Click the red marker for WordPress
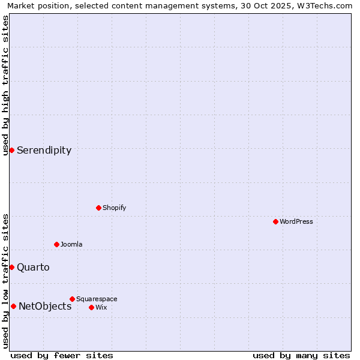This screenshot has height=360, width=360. click(x=275, y=221)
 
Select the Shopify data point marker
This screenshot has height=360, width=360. click(x=98, y=208)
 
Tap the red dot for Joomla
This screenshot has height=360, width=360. click(x=56, y=244)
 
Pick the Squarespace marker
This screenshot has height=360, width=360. click(x=72, y=299)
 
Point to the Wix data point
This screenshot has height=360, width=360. click(x=91, y=307)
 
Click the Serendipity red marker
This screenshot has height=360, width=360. click(x=11, y=150)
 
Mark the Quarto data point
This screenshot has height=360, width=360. click(x=11, y=267)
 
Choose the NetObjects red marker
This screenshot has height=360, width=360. click(x=13, y=306)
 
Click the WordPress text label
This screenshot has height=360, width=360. click(x=296, y=221)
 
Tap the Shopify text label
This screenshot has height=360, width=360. click(x=114, y=208)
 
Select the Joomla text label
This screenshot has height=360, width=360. click(x=71, y=244)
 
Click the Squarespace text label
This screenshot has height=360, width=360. click(x=97, y=299)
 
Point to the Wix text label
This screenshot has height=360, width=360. click(x=101, y=307)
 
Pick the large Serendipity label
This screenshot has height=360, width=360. click(x=44, y=150)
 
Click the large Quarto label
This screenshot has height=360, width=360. click(x=33, y=267)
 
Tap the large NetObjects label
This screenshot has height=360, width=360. click(x=45, y=306)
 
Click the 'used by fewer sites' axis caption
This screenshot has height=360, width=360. click(x=62, y=355)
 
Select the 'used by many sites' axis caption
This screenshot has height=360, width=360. click(x=301, y=355)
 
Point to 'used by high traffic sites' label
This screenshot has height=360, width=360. click(x=5, y=85)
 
